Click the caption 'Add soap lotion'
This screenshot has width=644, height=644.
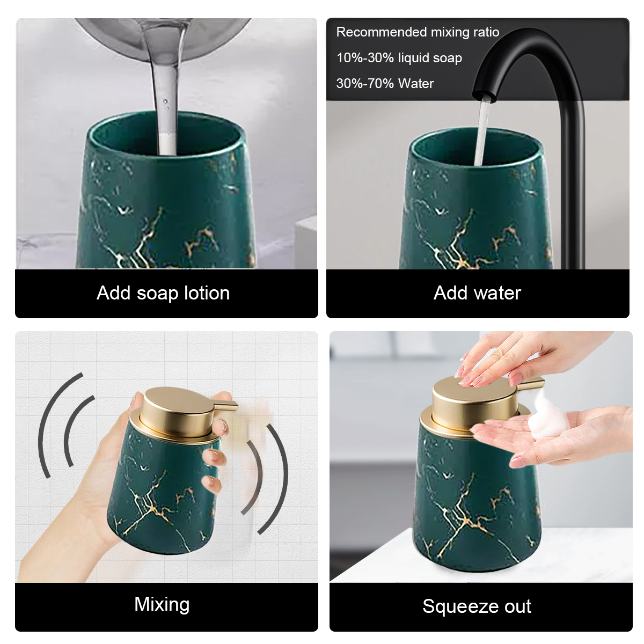click(x=163, y=293)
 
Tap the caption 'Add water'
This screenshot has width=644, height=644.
click(x=477, y=293)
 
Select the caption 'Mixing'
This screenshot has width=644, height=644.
click(x=162, y=604)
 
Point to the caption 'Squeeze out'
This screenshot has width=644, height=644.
click(x=477, y=606)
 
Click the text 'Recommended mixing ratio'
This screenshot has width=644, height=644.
click(x=418, y=32)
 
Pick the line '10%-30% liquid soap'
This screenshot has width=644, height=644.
click(x=399, y=58)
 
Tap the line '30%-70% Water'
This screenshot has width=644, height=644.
click(x=385, y=83)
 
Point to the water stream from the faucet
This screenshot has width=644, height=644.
click(x=482, y=133)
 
